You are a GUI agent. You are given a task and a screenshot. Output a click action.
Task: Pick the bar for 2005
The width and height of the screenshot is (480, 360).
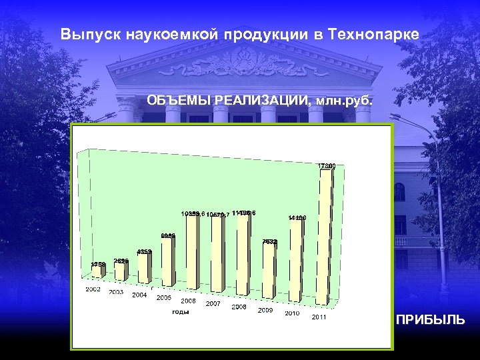(167, 261)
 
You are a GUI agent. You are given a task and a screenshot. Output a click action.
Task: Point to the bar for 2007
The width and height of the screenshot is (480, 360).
(217, 255)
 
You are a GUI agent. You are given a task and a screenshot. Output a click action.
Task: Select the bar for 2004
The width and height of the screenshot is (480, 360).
(143, 267)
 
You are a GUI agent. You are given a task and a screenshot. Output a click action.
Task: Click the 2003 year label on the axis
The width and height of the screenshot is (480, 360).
(117, 292)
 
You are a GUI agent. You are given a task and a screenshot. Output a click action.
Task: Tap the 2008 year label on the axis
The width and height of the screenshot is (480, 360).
(239, 307)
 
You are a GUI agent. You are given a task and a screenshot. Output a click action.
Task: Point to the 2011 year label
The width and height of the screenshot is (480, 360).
(319, 317)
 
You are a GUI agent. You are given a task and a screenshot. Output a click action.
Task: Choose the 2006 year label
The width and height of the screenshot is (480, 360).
(188, 301)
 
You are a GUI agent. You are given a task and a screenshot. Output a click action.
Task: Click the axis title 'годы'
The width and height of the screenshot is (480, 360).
(181, 311)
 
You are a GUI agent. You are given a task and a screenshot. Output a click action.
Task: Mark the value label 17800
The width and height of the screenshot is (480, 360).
(326, 165)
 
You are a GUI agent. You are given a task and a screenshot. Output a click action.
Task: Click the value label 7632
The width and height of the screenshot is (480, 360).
(270, 241)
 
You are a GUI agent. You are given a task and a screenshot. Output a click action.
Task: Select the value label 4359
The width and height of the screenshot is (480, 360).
(145, 251)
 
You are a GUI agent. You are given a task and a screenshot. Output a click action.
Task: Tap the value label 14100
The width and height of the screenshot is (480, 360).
(297, 217)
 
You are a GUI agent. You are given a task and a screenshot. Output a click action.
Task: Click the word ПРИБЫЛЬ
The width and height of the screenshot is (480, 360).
(431, 320)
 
